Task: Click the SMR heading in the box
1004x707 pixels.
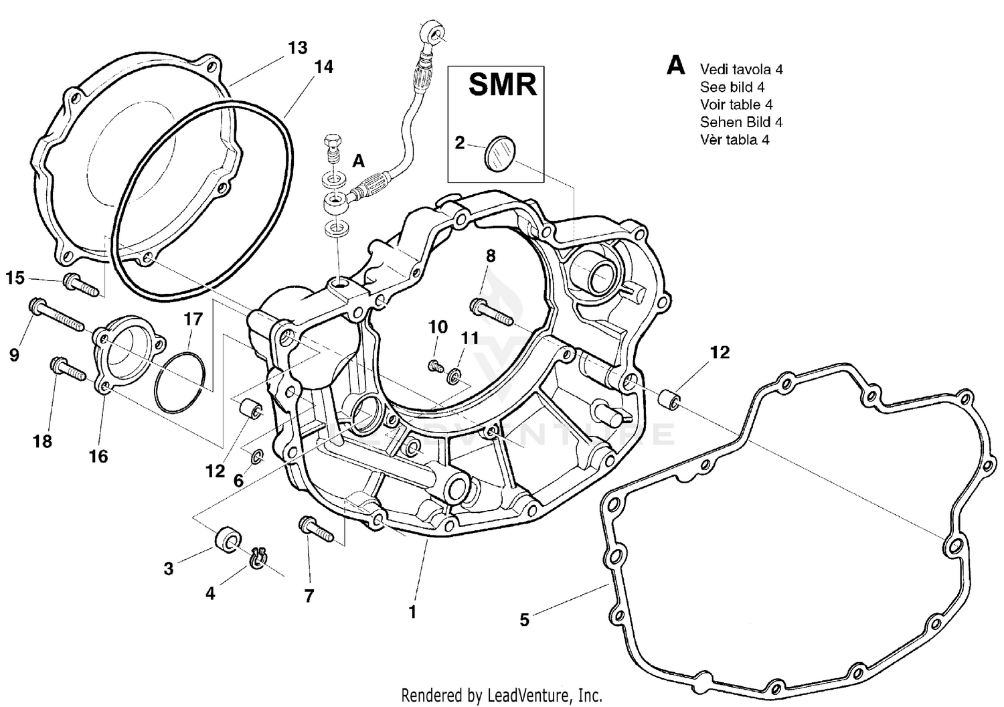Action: pyautogui.click(x=502, y=85)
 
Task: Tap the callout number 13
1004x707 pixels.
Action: pyautogui.click(x=298, y=48)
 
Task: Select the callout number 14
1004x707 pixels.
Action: pyautogui.click(x=323, y=67)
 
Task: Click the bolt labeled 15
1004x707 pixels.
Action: pyautogui.click(x=81, y=284)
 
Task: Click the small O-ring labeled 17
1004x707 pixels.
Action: pyautogui.click(x=180, y=384)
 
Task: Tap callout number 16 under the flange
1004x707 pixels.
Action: pyautogui.click(x=98, y=456)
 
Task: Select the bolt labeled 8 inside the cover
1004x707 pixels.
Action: pyautogui.click(x=494, y=313)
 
